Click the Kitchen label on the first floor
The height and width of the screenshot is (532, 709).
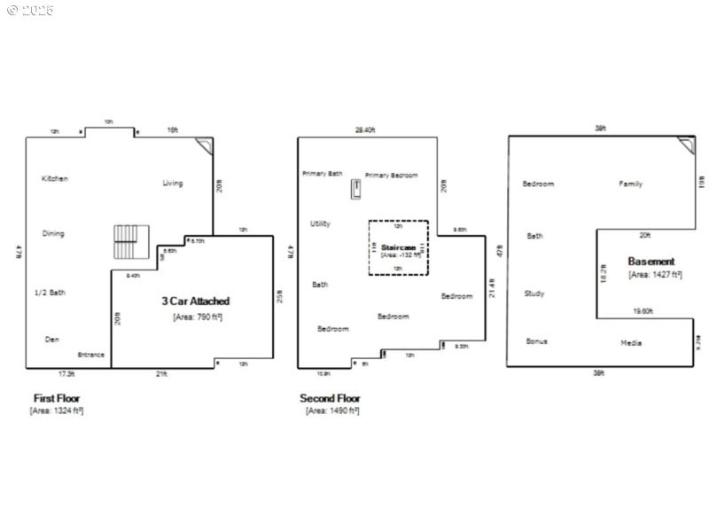pyautogui.click(x=55, y=179)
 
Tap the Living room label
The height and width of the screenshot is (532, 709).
pyautogui.click(x=172, y=184)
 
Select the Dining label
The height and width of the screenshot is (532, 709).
pyautogui.click(x=53, y=234)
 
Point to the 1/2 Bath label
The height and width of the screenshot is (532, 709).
pyautogui.click(x=50, y=293)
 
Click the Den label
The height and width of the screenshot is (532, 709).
pyautogui.click(x=52, y=340)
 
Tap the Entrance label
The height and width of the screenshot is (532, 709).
pyautogui.click(x=90, y=355)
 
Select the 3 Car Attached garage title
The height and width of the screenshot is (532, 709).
pyautogui.click(x=195, y=301)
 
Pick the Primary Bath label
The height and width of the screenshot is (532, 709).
pyautogui.click(x=322, y=174)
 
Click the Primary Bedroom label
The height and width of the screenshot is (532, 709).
pyautogui.click(x=391, y=176)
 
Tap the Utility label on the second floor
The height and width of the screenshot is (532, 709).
pyautogui.click(x=320, y=223)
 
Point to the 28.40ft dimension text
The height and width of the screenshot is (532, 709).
pyautogui.click(x=365, y=129)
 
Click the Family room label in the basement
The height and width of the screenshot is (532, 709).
pyautogui.click(x=630, y=184)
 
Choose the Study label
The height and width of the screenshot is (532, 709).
pyautogui.click(x=534, y=293)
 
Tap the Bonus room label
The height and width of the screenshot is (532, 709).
pyautogui.click(x=536, y=341)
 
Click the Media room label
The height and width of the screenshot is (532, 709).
pyautogui.click(x=631, y=343)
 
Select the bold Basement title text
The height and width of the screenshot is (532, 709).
pyautogui.click(x=651, y=262)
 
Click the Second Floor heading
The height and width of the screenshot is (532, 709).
pyautogui.click(x=330, y=399)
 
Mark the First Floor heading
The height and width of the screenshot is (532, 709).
pyautogui.click(x=57, y=399)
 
